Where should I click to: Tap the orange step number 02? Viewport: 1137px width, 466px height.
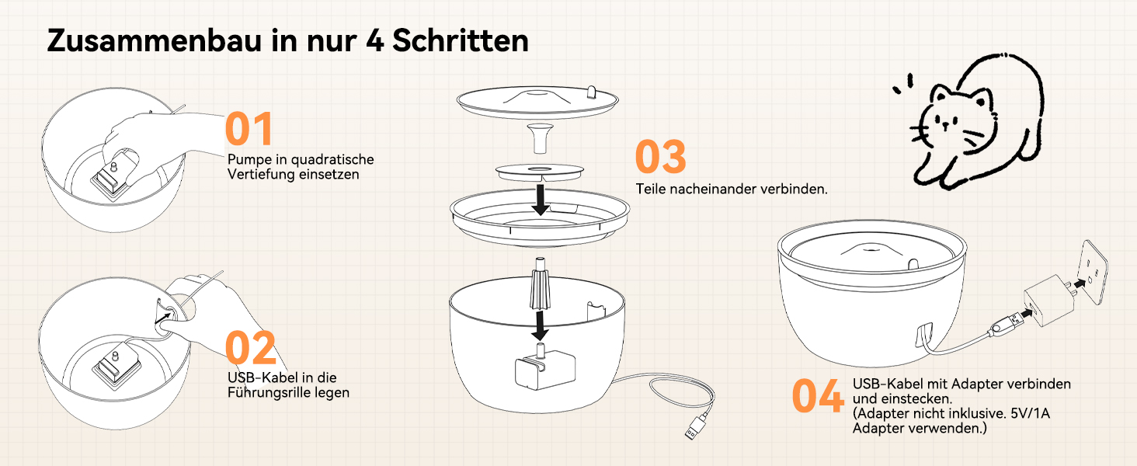point(251,348)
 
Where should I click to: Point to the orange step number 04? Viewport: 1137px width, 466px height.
point(818,395)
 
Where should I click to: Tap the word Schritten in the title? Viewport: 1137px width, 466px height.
point(461,40)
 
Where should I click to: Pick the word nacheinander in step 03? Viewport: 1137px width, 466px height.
point(712,190)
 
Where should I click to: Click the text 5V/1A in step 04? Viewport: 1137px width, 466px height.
point(1030,413)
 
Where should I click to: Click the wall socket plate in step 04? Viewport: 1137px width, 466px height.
point(1094,272)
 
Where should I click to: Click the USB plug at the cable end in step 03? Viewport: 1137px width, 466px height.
point(697,426)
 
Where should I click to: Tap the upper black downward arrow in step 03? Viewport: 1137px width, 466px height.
point(541,200)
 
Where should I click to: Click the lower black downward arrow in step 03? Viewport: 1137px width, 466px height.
point(540,325)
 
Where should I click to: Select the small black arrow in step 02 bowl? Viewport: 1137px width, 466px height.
point(163,318)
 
